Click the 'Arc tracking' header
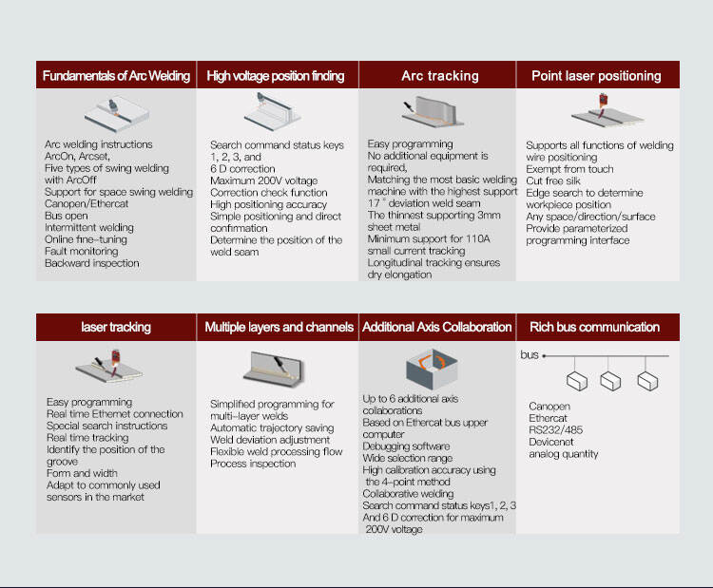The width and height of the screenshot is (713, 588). (x=440, y=75)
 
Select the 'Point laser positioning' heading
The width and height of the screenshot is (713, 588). (x=596, y=75)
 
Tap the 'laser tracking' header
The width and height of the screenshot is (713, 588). (x=116, y=327)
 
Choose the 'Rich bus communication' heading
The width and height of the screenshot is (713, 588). (x=594, y=327)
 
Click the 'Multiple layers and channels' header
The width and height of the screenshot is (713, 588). (x=279, y=327)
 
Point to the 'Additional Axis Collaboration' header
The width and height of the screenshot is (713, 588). (x=437, y=327)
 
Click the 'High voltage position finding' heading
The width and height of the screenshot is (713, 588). (x=276, y=76)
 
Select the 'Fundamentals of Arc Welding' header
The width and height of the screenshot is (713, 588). (x=116, y=75)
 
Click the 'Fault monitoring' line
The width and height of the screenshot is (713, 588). (x=82, y=252)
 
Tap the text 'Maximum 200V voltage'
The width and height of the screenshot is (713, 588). (x=263, y=180)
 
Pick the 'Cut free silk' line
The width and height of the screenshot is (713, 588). (x=553, y=180)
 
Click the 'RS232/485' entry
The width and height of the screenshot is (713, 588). (x=556, y=430)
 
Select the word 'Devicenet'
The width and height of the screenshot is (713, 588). (x=551, y=442)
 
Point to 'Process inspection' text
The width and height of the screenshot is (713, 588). (x=253, y=464)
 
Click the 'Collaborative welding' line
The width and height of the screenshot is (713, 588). (x=408, y=494)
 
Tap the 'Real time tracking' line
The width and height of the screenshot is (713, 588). (x=87, y=438)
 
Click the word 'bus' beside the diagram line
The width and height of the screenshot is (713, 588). (x=530, y=355)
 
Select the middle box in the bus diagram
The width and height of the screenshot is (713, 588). (x=610, y=381)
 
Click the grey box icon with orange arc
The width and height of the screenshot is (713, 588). (x=432, y=369)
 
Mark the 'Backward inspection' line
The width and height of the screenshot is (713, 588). (x=92, y=263)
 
